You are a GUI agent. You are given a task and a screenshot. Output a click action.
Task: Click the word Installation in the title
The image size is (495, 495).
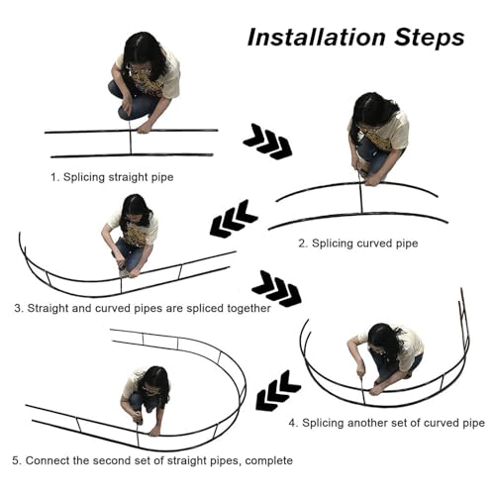tap(317, 37)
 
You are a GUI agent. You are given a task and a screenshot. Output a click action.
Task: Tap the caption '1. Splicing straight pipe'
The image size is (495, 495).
tap(112, 177)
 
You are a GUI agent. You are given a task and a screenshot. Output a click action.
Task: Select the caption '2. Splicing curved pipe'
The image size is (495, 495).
tap(358, 244)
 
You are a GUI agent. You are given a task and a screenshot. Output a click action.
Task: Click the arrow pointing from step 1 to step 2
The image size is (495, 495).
tap(267, 142)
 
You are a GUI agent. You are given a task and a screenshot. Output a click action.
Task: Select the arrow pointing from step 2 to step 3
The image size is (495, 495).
tap(234, 219)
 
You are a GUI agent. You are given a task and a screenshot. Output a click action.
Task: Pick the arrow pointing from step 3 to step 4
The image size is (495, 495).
tap(276, 288)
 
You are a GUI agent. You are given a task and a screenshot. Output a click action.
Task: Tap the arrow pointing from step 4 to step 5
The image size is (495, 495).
tap(278, 391)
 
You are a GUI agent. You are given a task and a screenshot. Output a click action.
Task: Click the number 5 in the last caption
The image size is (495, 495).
tap(15, 460)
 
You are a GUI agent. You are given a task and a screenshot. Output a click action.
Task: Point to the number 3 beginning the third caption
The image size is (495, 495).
tap(17, 308)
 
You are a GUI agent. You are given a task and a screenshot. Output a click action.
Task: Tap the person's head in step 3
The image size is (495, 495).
tap(135, 211)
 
